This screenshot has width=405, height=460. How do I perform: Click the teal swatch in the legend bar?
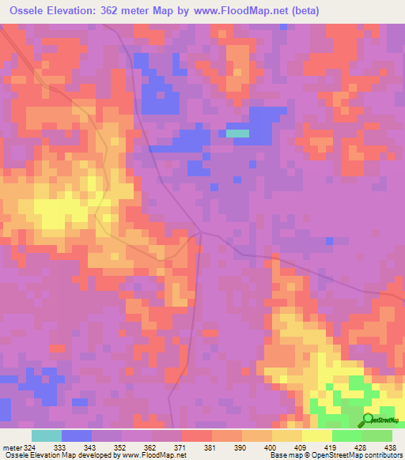coord(47,435)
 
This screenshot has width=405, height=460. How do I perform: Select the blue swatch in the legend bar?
coord(77,435)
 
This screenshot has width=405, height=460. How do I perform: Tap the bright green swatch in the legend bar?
coord(347,435)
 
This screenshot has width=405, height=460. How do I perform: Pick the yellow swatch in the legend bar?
coord(317,435)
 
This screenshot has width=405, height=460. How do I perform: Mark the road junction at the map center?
coord(201,234)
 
